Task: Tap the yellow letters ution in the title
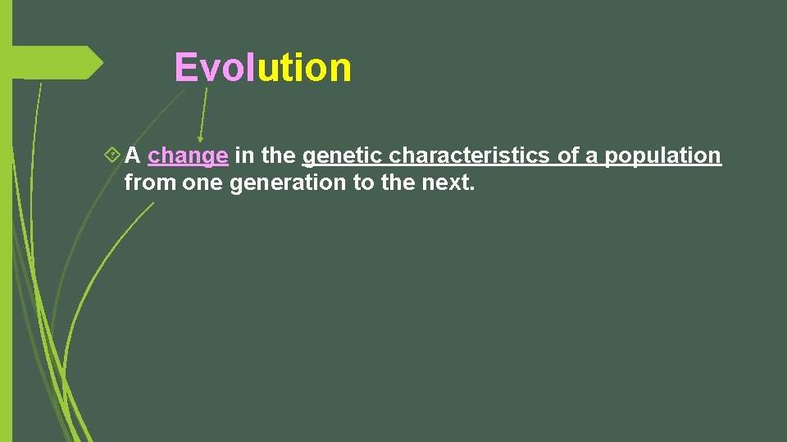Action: tap(304, 68)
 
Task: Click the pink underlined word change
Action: tap(188, 156)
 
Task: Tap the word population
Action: tap(663, 156)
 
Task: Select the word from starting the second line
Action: tap(150, 183)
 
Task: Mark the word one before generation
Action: tap(202, 183)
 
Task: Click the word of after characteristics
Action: tap(568, 156)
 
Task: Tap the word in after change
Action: tap(243, 156)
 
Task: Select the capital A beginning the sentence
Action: tap(133, 156)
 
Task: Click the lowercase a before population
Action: tap(591, 156)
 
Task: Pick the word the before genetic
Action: tap(278, 156)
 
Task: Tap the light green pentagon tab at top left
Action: tap(57, 63)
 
